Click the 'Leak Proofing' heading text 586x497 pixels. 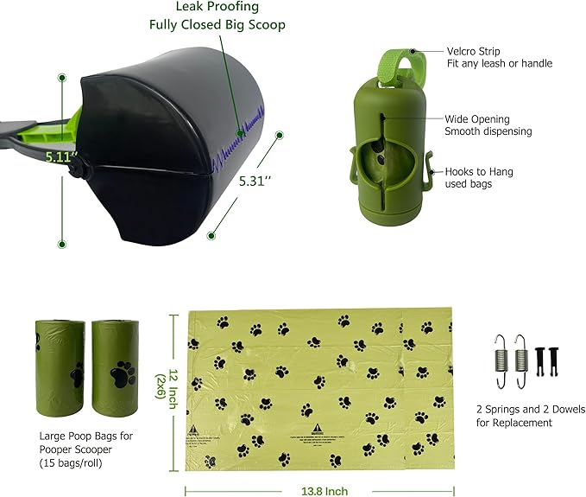(230, 7)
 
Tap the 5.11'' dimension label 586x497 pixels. (62, 157)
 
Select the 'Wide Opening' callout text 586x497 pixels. (477, 118)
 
